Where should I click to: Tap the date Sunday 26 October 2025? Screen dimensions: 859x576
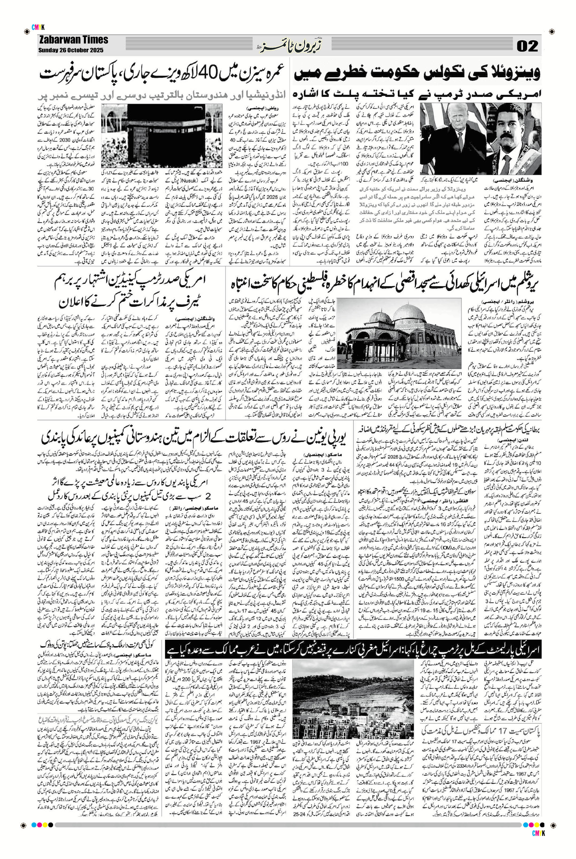tap(71, 50)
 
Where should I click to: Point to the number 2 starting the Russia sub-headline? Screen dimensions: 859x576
tap(208, 497)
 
